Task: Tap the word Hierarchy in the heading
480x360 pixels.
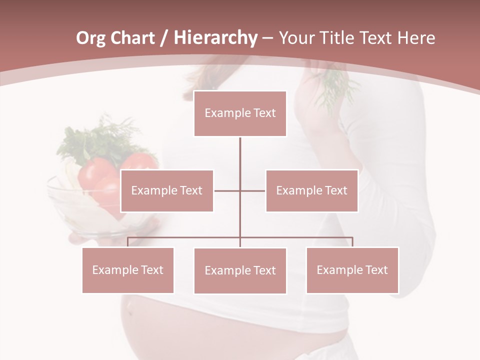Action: (x=215, y=38)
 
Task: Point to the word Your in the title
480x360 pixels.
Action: (x=295, y=38)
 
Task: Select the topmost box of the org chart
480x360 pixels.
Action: (x=240, y=113)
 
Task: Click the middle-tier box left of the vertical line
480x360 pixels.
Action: (x=167, y=190)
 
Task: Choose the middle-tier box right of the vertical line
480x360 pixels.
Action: (x=312, y=190)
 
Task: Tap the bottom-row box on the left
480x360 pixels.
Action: (x=128, y=270)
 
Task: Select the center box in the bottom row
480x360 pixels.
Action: (x=240, y=270)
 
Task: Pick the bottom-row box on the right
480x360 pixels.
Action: (x=352, y=270)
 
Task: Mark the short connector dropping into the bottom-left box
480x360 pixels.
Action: (x=127, y=242)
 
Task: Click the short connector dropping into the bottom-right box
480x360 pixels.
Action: (x=352, y=242)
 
